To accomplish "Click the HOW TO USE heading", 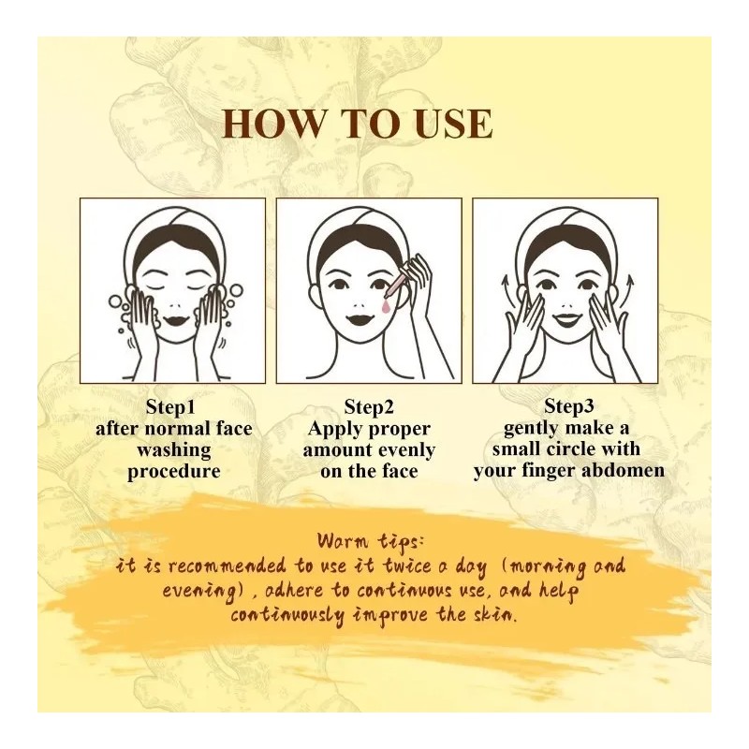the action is click(358, 124).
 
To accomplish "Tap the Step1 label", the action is click(170, 407).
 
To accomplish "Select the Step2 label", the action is click(369, 407).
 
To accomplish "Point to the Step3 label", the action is click(568, 406).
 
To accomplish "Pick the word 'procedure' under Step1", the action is click(174, 472).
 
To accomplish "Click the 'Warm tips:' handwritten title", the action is click(370, 542).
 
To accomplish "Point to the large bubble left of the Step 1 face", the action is click(115, 301).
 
